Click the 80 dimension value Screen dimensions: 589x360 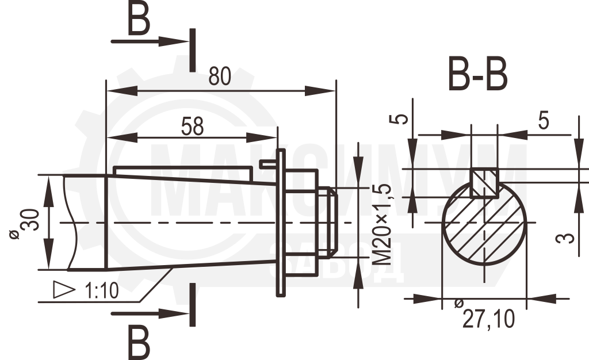[x=220, y=76]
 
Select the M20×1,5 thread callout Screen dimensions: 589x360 [x=383, y=224]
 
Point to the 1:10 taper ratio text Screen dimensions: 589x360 [x=102, y=290]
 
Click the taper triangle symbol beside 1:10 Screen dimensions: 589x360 [x=64, y=289]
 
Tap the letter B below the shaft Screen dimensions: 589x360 [x=139, y=342]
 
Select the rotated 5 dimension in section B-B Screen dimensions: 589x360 [x=401, y=119]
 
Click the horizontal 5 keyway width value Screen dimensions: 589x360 [x=544, y=121]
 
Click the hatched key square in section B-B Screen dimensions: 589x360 [x=484, y=183]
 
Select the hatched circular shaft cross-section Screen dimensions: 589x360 [x=484, y=223]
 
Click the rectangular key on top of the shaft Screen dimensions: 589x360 [x=182, y=174]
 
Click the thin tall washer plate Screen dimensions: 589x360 [x=281, y=223]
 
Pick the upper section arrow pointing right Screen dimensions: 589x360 [x=150, y=41]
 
